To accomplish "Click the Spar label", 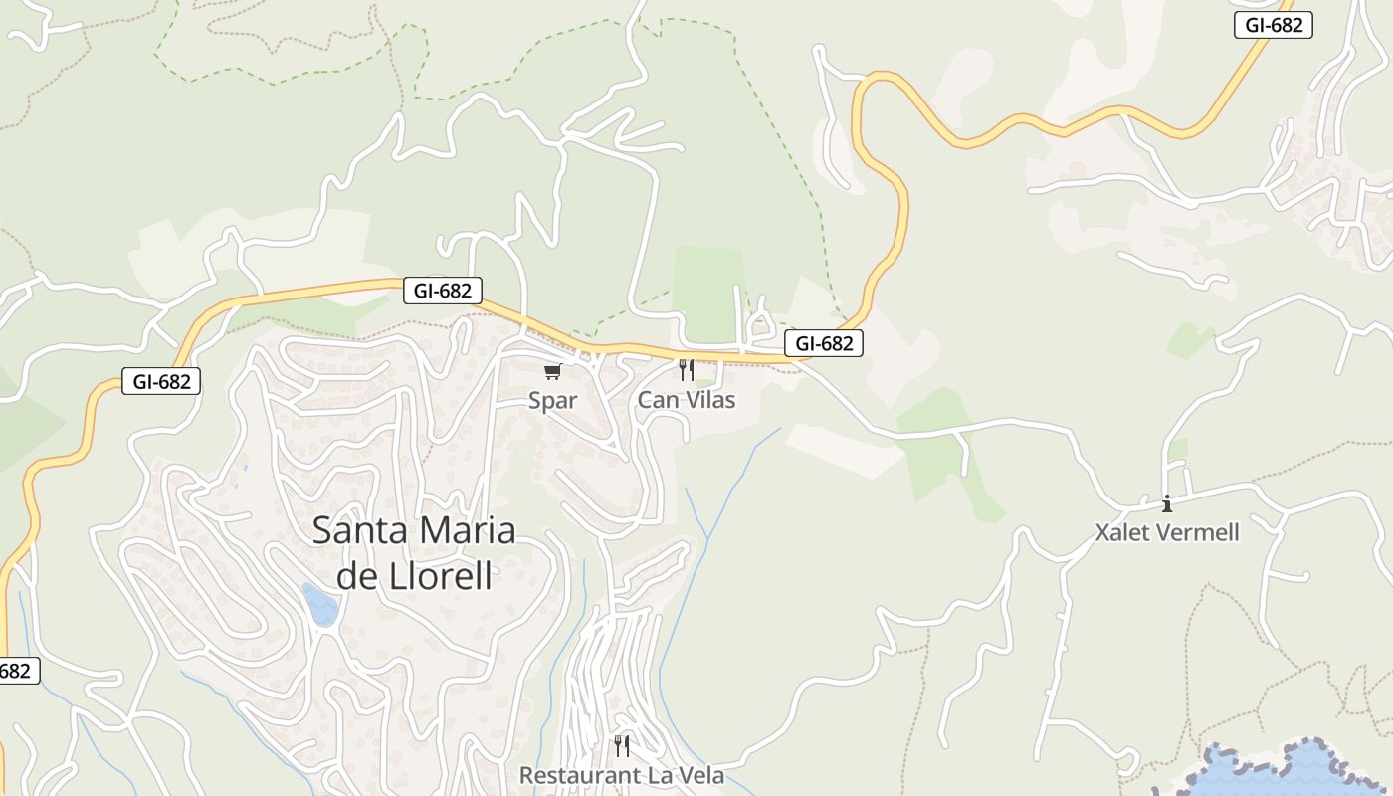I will coord(552,400).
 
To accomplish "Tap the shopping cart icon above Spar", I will coord(552,372).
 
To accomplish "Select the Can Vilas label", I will coord(686,400).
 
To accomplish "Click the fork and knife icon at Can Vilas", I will coord(686,370).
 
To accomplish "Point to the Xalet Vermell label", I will coord(1167,532).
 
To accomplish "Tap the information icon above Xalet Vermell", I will coord(1167,503).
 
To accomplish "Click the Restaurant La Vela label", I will coord(621,775).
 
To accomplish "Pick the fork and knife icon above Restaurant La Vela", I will coord(622,745).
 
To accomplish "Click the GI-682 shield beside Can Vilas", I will coord(824,344).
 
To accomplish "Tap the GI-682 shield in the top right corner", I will coord(1274,25).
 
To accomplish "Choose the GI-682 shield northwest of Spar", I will coord(442,291).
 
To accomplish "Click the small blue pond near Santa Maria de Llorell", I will coord(321,605).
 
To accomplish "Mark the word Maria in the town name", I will coord(467,530).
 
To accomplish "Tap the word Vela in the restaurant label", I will coord(697,775).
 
